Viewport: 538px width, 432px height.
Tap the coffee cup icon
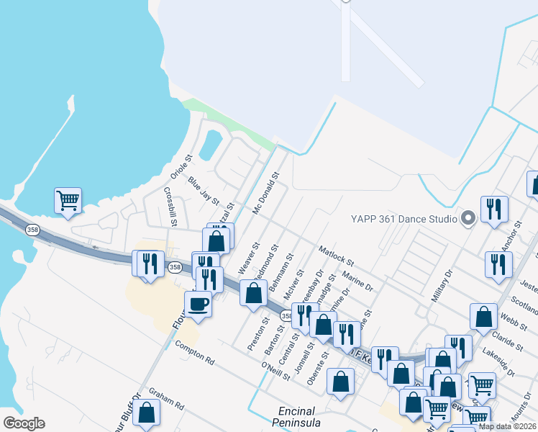coord(198,303)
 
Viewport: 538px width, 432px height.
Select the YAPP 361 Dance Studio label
coord(403,218)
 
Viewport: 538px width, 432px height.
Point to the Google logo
coord(24,423)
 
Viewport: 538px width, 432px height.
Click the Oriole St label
coord(179,168)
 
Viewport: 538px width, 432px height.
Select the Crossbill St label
coord(170,207)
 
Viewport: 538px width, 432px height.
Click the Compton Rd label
coord(195,351)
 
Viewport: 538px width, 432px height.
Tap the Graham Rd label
coord(167,400)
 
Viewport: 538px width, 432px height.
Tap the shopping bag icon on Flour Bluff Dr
coord(147,413)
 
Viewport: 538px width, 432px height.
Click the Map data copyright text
coord(506,426)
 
